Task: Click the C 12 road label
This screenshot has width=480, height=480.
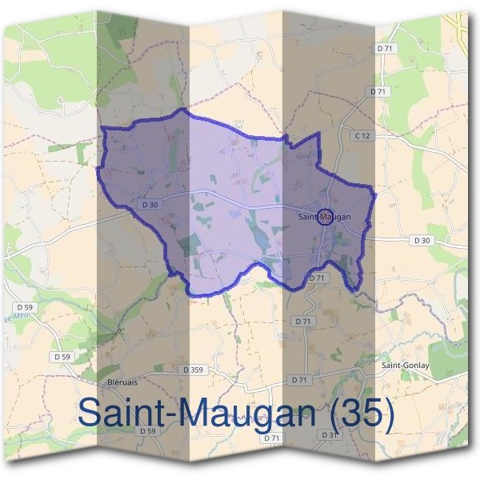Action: pyautogui.click(x=362, y=136)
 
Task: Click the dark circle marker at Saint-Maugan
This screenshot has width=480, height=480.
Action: pyautogui.click(x=325, y=216)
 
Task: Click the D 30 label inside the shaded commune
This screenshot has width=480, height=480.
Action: pyautogui.click(x=150, y=204)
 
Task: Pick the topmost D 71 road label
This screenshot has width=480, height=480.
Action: pyautogui.click(x=386, y=50)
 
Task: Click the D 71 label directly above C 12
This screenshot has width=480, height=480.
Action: pyautogui.click(x=378, y=92)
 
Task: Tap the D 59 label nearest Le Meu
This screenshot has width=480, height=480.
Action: pyautogui.click(x=24, y=306)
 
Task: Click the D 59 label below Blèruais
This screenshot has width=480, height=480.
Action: pyautogui.click(x=146, y=431)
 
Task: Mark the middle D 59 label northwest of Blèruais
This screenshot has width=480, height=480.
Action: pyautogui.click(x=62, y=356)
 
